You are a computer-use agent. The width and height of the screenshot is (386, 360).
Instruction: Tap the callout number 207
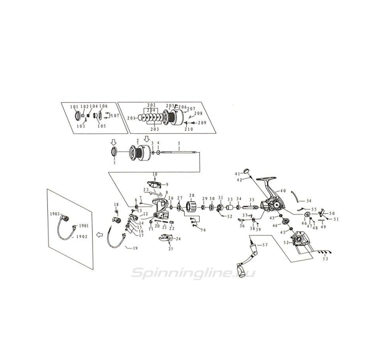point(191,109)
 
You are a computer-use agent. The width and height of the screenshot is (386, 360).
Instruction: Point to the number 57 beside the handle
point(266,245)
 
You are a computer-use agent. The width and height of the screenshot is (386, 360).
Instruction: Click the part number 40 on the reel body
point(283,191)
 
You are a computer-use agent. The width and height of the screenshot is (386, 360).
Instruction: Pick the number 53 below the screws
point(325,259)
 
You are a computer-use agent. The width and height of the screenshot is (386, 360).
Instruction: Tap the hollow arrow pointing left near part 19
point(100,234)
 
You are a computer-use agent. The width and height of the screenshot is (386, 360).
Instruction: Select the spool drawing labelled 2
point(141,152)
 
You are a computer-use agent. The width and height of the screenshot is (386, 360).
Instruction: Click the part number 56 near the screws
point(203,229)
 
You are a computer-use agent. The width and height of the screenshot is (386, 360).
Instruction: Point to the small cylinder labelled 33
point(230,207)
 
